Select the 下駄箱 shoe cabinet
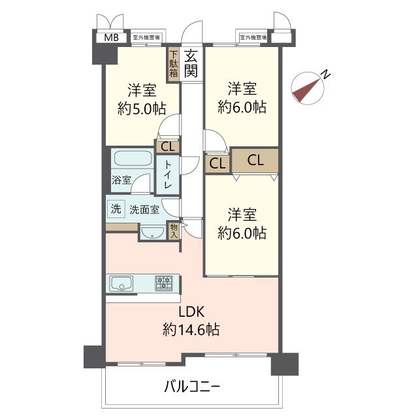pos(173,64)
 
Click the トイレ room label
pos(167,175)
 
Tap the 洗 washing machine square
pos(115,210)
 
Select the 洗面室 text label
pos(144,210)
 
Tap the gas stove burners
pos(163,283)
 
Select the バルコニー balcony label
pos(192,387)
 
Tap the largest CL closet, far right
pos(255,160)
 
